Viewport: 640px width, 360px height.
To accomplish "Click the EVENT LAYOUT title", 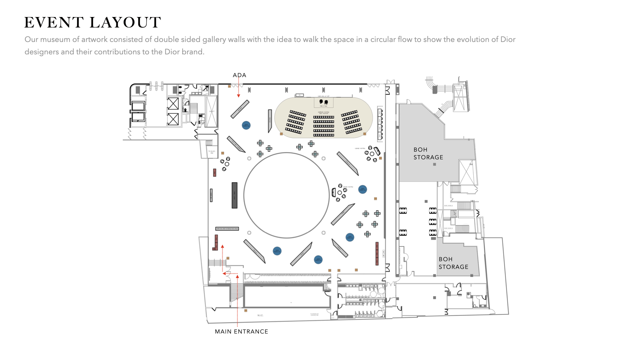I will tap(93, 23).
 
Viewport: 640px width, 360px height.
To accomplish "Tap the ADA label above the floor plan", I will tap(239, 75).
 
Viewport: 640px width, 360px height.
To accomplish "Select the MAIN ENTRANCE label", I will tap(241, 332).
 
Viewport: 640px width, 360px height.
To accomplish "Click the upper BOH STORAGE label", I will tap(428, 154).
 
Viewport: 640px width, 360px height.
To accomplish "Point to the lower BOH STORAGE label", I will tap(453, 263).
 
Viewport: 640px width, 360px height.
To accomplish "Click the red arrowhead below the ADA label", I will tap(239, 96).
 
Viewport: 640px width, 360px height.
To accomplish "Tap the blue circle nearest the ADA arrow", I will tap(246, 125).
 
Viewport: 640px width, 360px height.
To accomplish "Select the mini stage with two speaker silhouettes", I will tap(323, 102).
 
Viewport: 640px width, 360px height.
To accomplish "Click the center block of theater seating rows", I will tap(323, 126).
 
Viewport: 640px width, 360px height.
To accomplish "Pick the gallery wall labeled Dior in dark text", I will tap(254, 251).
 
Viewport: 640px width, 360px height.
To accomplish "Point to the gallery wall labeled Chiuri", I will tap(347, 163).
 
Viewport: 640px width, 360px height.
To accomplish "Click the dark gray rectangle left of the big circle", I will tap(235, 195).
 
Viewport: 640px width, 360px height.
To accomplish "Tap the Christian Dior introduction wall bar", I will tap(227, 229).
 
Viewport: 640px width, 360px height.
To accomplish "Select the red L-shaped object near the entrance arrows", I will tap(216, 243).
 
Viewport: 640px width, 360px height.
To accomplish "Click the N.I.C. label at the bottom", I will tap(260, 315).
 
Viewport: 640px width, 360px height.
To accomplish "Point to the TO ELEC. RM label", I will tap(212, 152).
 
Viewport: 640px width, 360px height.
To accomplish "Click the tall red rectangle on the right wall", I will tap(377, 253).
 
